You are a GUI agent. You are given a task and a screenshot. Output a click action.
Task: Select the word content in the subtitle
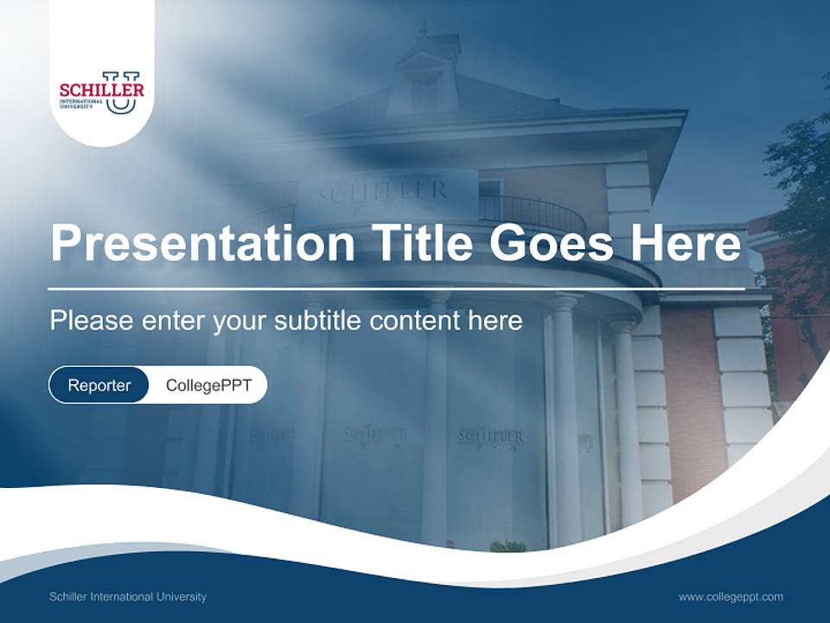tap(415, 321)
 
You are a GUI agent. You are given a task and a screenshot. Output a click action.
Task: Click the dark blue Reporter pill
tap(99, 385)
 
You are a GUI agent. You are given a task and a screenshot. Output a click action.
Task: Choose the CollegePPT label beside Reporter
tap(208, 385)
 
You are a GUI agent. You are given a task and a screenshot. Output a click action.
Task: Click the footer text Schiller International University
tap(128, 597)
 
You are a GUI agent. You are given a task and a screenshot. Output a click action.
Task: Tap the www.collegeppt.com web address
tap(731, 597)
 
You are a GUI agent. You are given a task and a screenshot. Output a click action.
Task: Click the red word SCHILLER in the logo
tap(101, 89)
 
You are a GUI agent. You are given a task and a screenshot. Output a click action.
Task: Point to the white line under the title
tap(396, 288)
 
